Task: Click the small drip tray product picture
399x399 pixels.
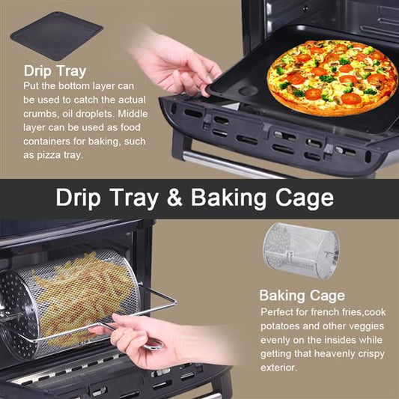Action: (56, 36)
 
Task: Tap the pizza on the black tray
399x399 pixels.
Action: (332, 78)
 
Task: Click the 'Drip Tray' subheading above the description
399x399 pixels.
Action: (55, 71)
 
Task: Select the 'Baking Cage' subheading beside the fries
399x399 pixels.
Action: (302, 296)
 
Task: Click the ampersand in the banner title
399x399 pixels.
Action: (174, 197)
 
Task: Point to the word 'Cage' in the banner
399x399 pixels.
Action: (305, 198)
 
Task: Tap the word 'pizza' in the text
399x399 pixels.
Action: (49, 156)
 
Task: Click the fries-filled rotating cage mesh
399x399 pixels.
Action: (84, 298)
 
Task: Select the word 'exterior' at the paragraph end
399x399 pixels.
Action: (278, 368)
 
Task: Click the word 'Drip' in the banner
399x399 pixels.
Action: (78, 198)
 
